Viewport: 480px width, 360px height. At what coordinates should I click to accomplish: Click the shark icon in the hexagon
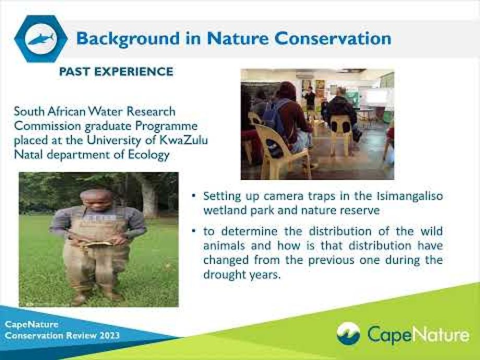(x=41, y=39)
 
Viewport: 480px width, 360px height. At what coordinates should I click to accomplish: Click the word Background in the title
(x=128, y=39)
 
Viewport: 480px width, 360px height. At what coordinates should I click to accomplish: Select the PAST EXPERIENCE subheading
(x=116, y=71)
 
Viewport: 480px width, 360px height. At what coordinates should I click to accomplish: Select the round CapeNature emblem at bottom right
(x=349, y=334)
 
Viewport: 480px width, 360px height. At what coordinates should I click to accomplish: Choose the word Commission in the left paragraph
(x=47, y=126)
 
